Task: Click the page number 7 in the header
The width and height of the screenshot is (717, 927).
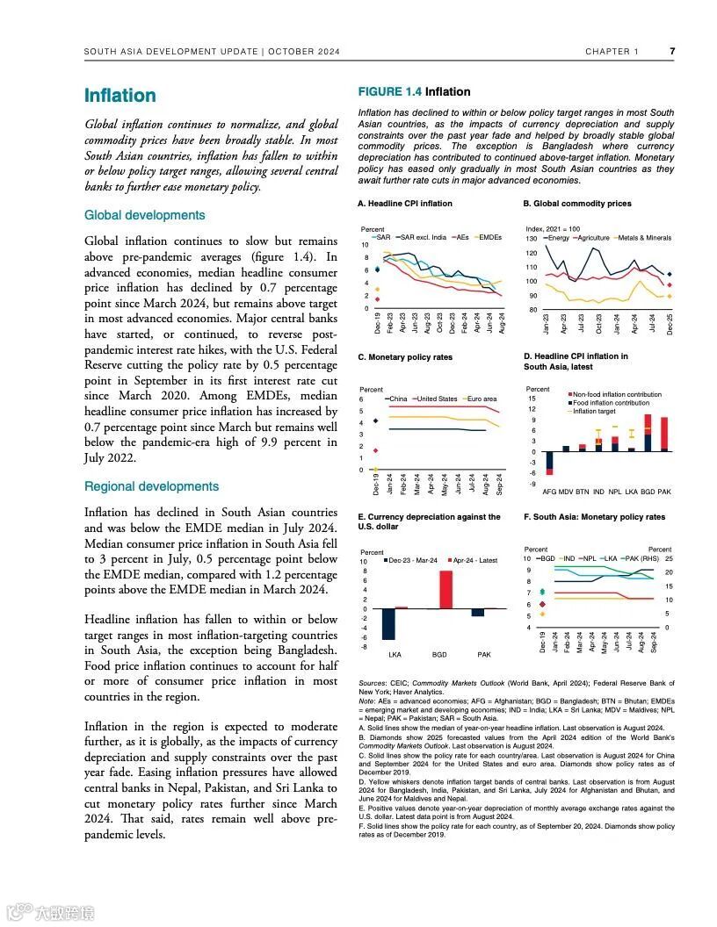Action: tap(672, 51)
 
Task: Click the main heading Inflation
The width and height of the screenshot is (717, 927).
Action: tap(119, 96)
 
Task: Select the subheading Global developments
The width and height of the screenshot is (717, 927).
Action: tap(144, 215)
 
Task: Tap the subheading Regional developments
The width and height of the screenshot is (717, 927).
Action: tap(151, 486)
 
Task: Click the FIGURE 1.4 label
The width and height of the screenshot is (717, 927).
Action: tap(389, 91)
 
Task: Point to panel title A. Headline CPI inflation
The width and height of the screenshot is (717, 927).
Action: tap(405, 204)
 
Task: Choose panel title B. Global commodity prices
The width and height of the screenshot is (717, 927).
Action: tap(577, 204)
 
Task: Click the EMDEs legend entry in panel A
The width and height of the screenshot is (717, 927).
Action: tap(489, 237)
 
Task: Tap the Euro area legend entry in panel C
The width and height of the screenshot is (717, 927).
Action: tap(482, 399)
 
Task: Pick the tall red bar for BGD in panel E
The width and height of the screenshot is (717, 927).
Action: tap(445, 589)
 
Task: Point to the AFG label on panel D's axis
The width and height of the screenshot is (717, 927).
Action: tap(549, 492)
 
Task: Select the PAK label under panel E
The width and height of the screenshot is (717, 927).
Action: tap(484, 655)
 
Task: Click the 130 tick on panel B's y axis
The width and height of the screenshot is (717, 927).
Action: tap(531, 239)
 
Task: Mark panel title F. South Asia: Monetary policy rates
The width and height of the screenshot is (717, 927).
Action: tap(594, 517)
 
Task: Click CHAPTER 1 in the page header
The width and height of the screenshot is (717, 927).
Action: tap(612, 51)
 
